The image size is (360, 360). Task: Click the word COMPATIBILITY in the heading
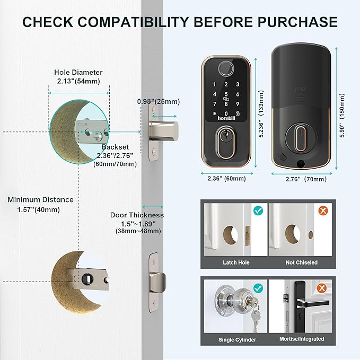(x=133, y=22)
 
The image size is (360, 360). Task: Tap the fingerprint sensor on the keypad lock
(x=226, y=68)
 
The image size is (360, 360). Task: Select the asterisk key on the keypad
(x=215, y=113)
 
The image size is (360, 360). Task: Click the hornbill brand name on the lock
(x=226, y=118)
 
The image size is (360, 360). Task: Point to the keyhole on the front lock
(x=225, y=138)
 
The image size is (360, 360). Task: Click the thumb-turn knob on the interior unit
(x=300, y=138)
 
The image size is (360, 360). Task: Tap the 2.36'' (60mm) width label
(x=226, y=178)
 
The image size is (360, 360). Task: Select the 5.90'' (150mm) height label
(x=342, y=116)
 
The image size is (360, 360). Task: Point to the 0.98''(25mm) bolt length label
(x=159, y=101)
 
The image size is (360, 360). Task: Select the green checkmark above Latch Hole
(x=258, y=210)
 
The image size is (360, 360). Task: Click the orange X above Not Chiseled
(x=323, y=210)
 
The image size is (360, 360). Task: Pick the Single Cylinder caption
(x=237, y=339)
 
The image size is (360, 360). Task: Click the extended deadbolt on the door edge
(x=164, y=131)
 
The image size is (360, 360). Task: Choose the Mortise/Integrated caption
(x=302, y=339)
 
